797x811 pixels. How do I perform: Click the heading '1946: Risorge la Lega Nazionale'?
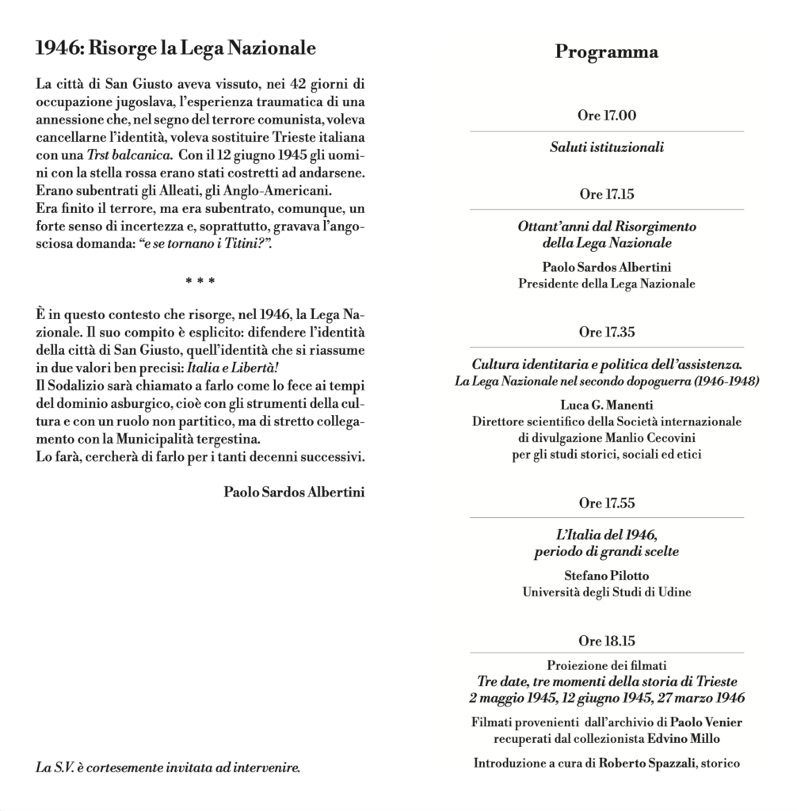pyautogui.click(x=176, y=48)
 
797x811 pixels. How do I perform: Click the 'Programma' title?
pyautogui.click(x=606, y=52)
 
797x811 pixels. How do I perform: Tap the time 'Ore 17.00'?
pyautogui.click(x=607, y=116)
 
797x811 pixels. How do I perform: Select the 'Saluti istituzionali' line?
pyautogui.click(x=607, y=147)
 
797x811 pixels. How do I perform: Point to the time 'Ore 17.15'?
pyautogui.click(x=607, y=194)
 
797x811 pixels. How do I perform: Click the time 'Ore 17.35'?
pyautogui.click(x=607, y=332)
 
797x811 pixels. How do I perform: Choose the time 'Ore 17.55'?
pyautogui.click(x=607, y=503)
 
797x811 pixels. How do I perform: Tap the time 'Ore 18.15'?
pyautogui.click(x=607, y=640)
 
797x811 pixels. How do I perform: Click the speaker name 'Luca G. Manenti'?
pyautogui.click(x=607, y=405)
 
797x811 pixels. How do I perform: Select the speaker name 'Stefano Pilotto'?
pyautogui.click(x=607, y=576)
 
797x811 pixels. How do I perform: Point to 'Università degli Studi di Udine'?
pyautogui.click(x=607, y=592)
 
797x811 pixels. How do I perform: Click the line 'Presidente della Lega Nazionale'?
pyautogui.click(x=607, y=284)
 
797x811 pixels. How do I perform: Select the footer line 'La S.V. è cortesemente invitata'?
pyautogui.click(x=169, y=767)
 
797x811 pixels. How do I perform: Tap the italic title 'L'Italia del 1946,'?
pyautogui.click(x=607, y=535)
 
